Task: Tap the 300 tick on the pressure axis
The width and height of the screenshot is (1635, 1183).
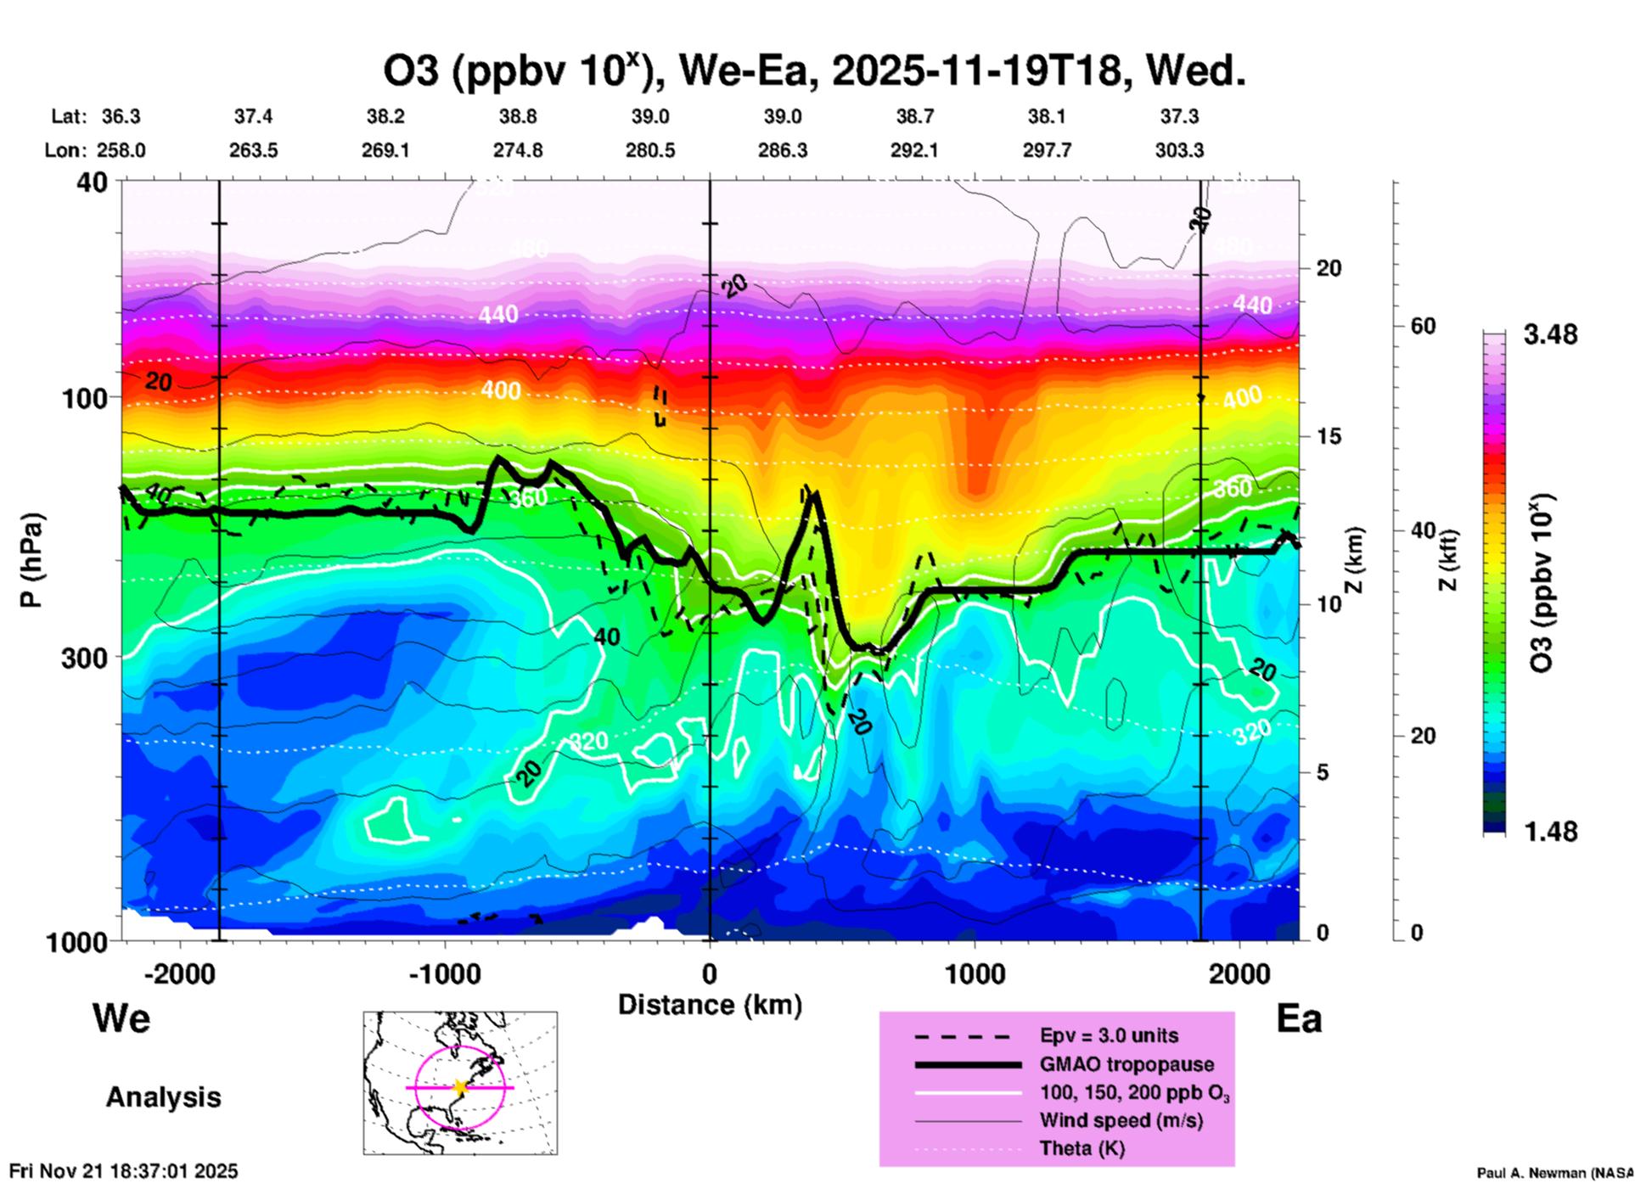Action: pos(84,658)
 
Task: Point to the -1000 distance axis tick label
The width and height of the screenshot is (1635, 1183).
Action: pos(445,974)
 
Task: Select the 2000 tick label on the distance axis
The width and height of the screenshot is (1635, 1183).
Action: pos(1239,974)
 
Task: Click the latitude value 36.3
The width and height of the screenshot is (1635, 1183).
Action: pos(121,116)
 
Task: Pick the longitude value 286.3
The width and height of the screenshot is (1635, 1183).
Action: pos(783,151)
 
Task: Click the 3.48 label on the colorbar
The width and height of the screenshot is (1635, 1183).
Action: pos(1550,334)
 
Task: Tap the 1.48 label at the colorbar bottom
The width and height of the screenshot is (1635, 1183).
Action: pos(1550,831)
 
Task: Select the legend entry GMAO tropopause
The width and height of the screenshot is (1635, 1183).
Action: pos(1127,1064)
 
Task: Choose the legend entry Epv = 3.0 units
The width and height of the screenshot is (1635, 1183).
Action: pos(1109,1035)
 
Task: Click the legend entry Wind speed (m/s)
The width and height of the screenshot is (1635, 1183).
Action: pos(1121,1120)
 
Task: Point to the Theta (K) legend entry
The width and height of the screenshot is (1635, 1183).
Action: pos(1082,1148)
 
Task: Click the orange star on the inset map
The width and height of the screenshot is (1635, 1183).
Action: pos(460,1087)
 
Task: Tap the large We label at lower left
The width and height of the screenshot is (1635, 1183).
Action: pos(121,1018)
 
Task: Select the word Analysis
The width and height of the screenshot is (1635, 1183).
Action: pos(163,1097)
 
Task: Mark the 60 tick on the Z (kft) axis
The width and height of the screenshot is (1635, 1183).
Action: pos(1423,326)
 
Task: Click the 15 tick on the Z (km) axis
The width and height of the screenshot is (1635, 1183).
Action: pos(1329,436)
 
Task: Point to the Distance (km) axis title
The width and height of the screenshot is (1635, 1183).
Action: pos(710,1005)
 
